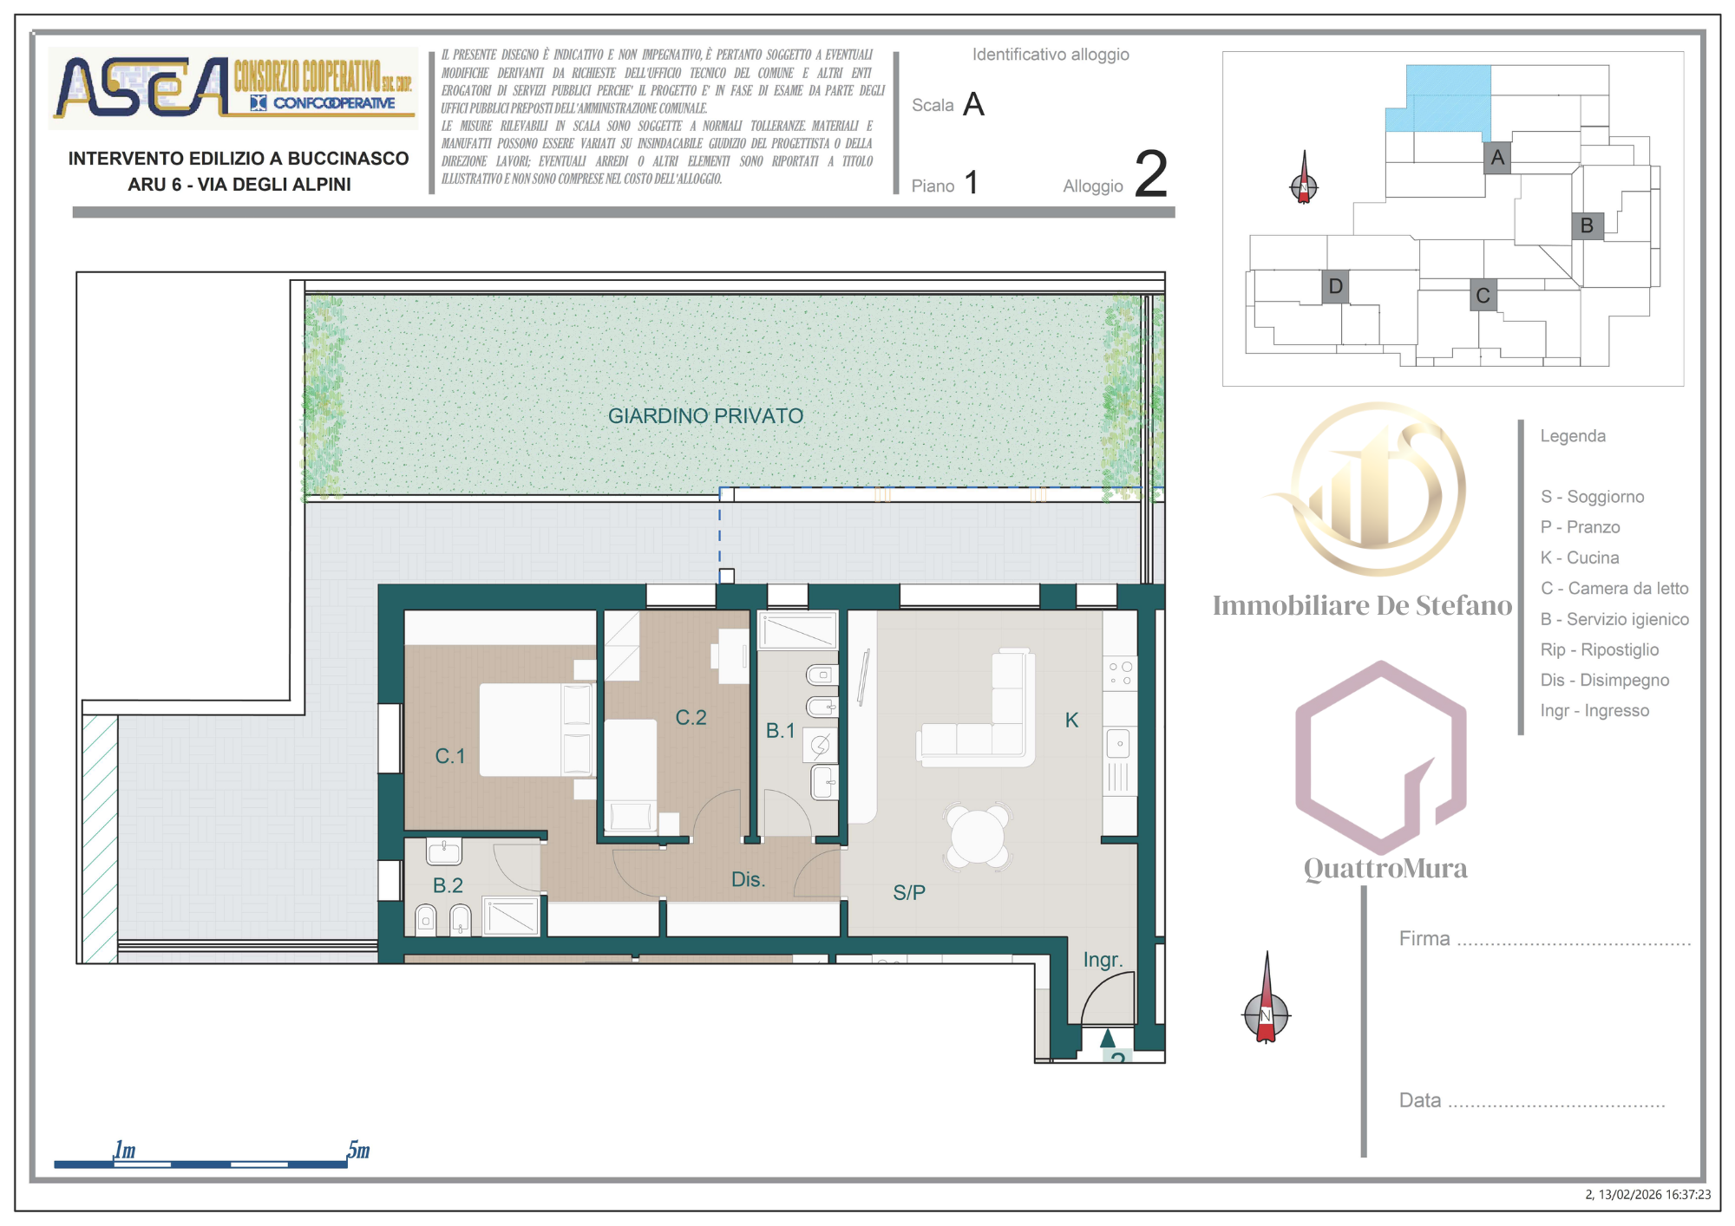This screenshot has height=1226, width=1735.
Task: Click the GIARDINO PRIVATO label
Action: coord(705,416)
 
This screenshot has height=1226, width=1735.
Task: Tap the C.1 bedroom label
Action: coord(450,756)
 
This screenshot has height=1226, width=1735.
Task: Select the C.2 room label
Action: coord(691,718)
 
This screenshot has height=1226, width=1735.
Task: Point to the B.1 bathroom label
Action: coord(780,731)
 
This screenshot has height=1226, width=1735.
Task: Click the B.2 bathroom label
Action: coord(448,885)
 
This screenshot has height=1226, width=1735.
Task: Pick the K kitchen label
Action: coord(1071,720)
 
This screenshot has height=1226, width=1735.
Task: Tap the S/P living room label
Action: coord(909,892)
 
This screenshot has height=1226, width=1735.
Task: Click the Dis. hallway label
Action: coord(748,879)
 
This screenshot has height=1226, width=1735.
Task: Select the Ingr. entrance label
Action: coord(1103,960)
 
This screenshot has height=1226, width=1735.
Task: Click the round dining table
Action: coord(978,837)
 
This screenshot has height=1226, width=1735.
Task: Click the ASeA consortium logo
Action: coord(232,88)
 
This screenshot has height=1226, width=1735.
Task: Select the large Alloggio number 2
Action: coord(1151,174)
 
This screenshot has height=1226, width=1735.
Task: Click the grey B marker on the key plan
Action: coord(1588,225)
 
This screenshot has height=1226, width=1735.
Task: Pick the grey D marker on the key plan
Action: coord(1336,286)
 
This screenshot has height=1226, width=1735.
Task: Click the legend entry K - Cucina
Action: coord(1580,558)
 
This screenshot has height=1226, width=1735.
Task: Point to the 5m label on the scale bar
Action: coord(359,1150)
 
